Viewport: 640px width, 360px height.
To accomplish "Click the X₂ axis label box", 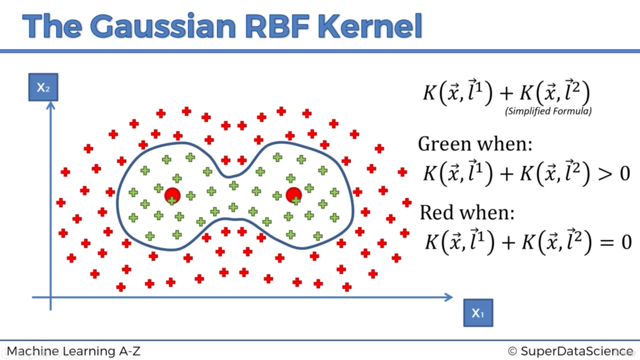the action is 43,87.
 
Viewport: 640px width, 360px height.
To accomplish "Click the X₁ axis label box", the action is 478,313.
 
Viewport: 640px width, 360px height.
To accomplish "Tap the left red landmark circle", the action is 172,195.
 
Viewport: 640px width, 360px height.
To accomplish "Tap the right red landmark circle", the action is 294,195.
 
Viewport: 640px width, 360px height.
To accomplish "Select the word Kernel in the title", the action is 370,26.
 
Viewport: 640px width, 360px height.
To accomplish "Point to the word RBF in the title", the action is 277,26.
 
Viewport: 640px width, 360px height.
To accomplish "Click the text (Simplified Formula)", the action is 548,111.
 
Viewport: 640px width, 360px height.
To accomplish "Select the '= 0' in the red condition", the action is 616,242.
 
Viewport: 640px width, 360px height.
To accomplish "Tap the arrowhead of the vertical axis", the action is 51,105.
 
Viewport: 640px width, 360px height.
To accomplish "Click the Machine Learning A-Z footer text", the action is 73,351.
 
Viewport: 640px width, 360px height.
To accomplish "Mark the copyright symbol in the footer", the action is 512,351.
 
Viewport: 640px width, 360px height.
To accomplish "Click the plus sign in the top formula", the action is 506,93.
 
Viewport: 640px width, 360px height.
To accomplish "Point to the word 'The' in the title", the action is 52,26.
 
